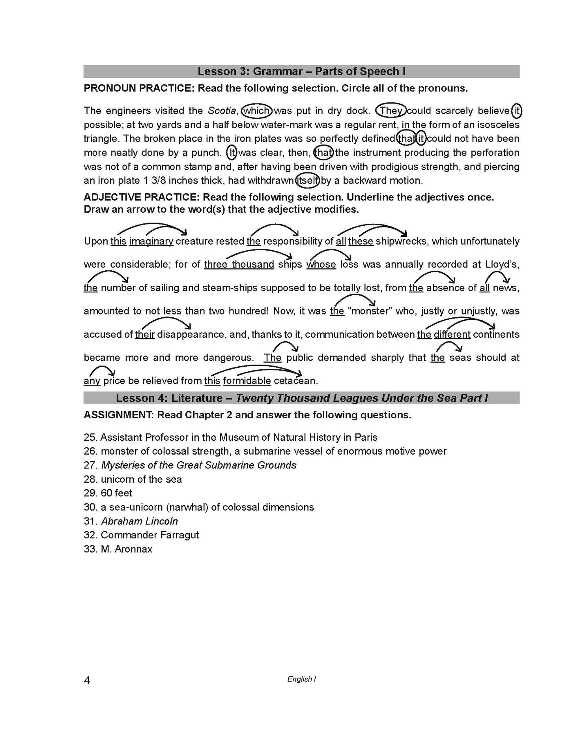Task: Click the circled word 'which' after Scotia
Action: tap(256, 111)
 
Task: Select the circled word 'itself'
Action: tap(307, 181)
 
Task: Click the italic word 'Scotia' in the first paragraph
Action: tap(222, 111)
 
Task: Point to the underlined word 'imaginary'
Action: tap(151, 241)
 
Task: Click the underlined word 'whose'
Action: tap(321, 264)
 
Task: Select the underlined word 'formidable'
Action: tap(247, 381)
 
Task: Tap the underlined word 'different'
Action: tap(452, 334)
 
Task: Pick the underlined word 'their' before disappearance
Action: tap(145, 334)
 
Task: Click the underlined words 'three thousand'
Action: tap(239, 264)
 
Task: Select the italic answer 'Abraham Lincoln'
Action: tap(139, 521)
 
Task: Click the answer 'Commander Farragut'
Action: tap(150, 535)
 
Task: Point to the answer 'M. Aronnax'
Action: tap(126, 549)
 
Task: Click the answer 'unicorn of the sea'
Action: tap(141, 479)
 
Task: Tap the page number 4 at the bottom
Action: tap(87, 681)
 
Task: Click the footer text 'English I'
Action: tap(301, 679)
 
